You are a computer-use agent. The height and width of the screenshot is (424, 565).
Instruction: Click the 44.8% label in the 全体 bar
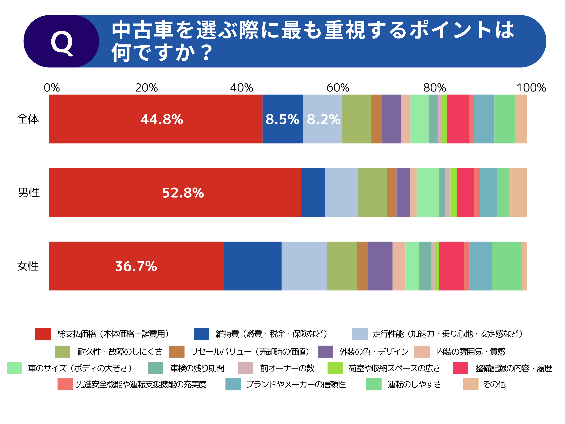(162, 119)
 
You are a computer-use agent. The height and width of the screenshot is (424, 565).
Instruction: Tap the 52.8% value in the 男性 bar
(183, 193)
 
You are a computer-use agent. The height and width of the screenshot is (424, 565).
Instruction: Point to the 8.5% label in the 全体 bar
(282, 119)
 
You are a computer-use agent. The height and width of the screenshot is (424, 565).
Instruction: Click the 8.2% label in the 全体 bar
(323, 119)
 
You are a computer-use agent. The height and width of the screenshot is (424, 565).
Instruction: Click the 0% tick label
(52, 88)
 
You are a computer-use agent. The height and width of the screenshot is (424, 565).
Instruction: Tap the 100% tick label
(531, 88)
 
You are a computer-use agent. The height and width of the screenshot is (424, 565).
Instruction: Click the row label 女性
(28, 266)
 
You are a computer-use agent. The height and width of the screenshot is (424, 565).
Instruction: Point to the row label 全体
(28, 119)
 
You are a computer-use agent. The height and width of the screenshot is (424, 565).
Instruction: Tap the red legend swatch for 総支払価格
(43, 334)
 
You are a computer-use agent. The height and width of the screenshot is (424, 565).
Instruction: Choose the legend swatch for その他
(471, 384)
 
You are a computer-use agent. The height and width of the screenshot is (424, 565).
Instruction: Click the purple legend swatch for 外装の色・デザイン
(325, 351)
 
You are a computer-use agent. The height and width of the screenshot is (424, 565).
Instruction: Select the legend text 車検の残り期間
(197, 368)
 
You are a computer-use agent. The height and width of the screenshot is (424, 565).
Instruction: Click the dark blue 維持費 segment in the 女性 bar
(253, 266)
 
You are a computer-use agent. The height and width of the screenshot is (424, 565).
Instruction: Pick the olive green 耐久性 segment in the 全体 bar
(357, 119)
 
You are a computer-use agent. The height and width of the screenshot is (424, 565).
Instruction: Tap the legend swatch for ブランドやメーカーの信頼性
(233, 384)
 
